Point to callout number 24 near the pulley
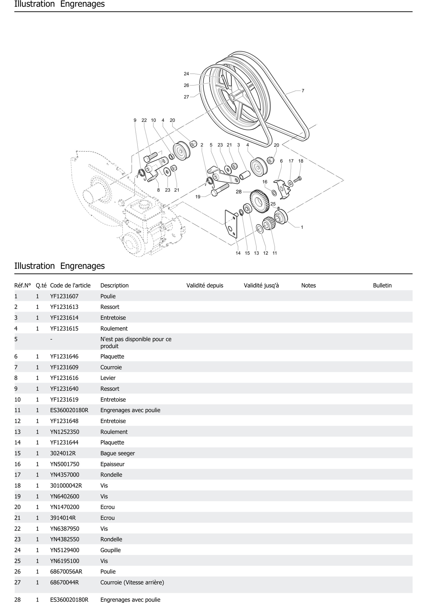(186, 74)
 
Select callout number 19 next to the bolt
(198, 197)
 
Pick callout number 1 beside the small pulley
(302, 227)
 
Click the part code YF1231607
(64, 296)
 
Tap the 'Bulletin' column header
(382, 285)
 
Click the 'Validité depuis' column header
(205, 285)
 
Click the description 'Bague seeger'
(118, 453)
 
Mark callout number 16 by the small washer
(265, 182)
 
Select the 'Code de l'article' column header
(70, 285)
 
